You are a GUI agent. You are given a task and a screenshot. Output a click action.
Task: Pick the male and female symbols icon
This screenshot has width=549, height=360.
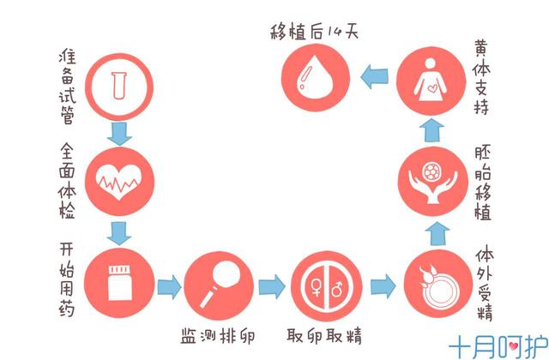321,283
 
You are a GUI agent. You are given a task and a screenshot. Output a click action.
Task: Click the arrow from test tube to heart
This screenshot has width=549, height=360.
118,130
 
